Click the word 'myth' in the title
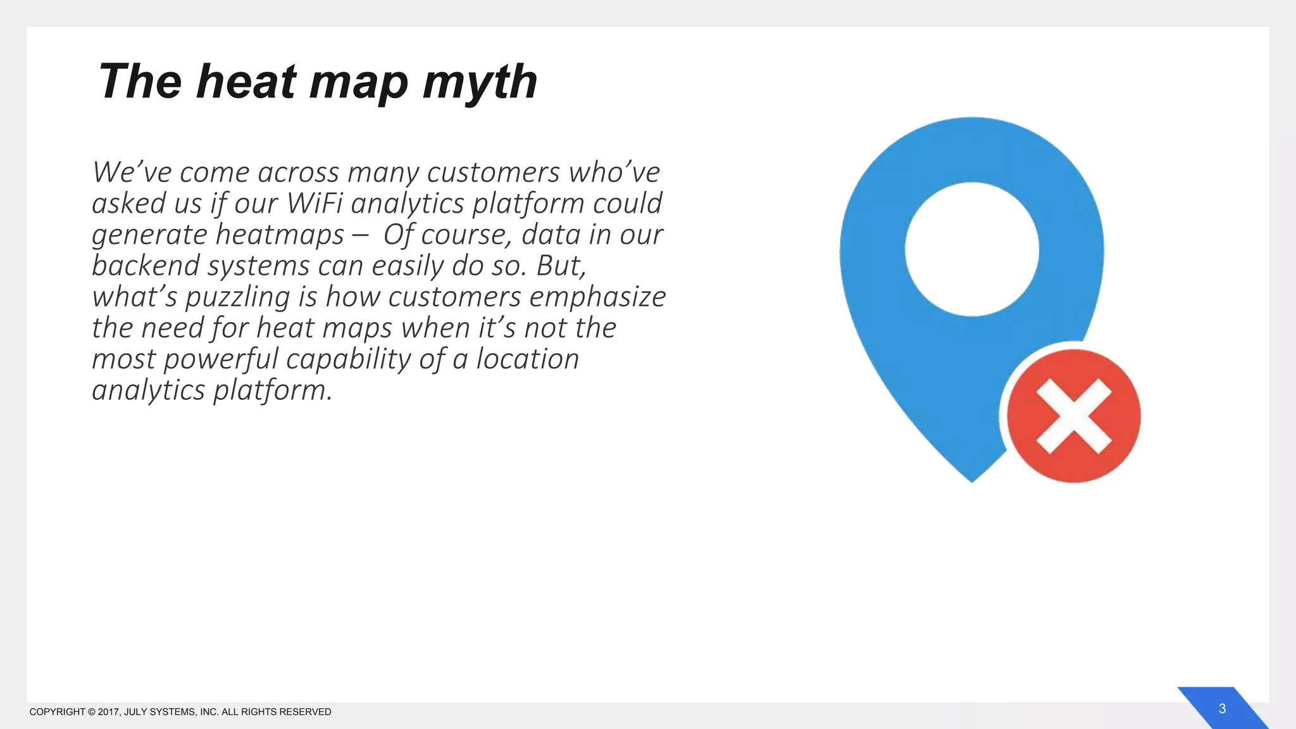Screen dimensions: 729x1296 480,82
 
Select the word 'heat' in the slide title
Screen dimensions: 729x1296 246,82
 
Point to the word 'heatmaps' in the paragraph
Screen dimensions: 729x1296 280,235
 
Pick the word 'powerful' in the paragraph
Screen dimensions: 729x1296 221,359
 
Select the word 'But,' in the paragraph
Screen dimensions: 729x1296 561,266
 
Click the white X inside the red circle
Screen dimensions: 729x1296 1073,416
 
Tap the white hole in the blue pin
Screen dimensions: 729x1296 971,249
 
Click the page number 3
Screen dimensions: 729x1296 1222,709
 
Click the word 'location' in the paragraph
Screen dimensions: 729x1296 527,359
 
